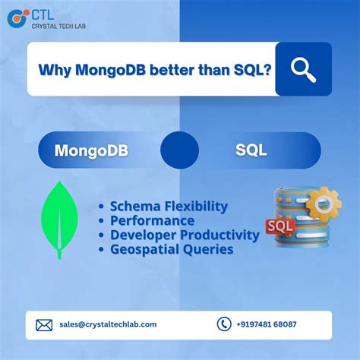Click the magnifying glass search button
coord(303,68)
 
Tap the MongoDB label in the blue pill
coord(91,150)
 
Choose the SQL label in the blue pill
coord(251,150)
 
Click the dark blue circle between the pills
coord(179,150)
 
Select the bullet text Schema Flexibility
coord(169,206)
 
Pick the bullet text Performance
coord(152,220)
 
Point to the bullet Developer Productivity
coord(185,235)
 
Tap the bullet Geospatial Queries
coord(171,249)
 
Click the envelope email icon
coord(44,324)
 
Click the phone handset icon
coord(223,324)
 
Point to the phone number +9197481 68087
coord(267,324)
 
